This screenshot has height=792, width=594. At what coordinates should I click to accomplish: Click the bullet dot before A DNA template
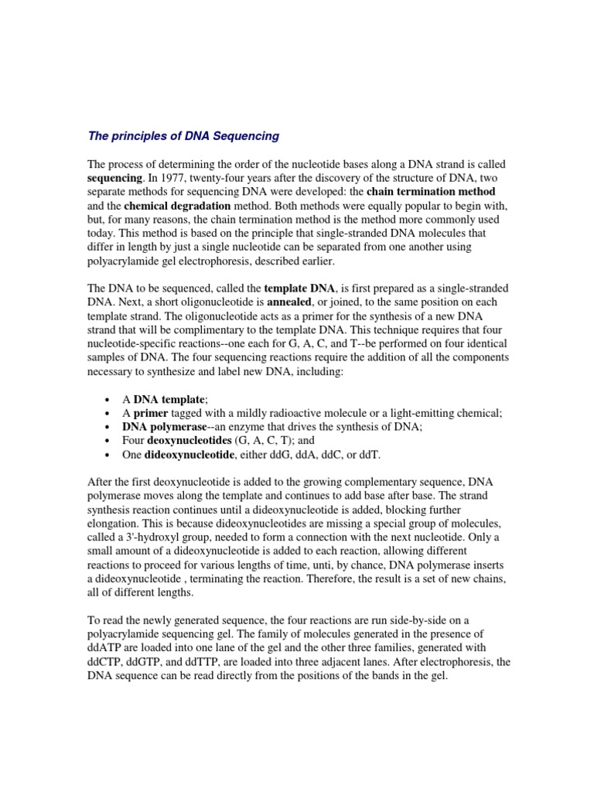pos(105,399)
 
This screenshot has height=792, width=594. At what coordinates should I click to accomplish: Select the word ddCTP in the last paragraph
pos(110,662)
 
